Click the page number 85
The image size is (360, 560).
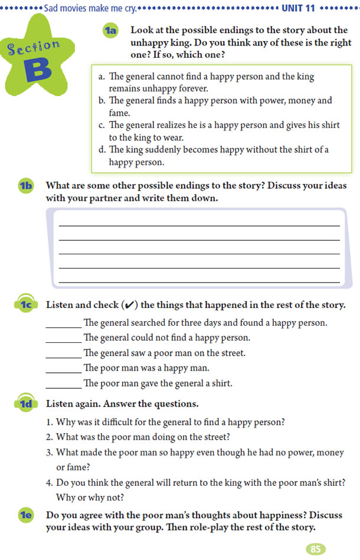(x=315, y=549)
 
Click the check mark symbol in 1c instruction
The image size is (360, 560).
(x=130, y=305)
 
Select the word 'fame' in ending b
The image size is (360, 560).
(x=118, y=112)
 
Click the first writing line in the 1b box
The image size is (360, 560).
(x=199, y=225)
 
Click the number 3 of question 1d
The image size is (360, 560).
(x=48, y=453)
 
